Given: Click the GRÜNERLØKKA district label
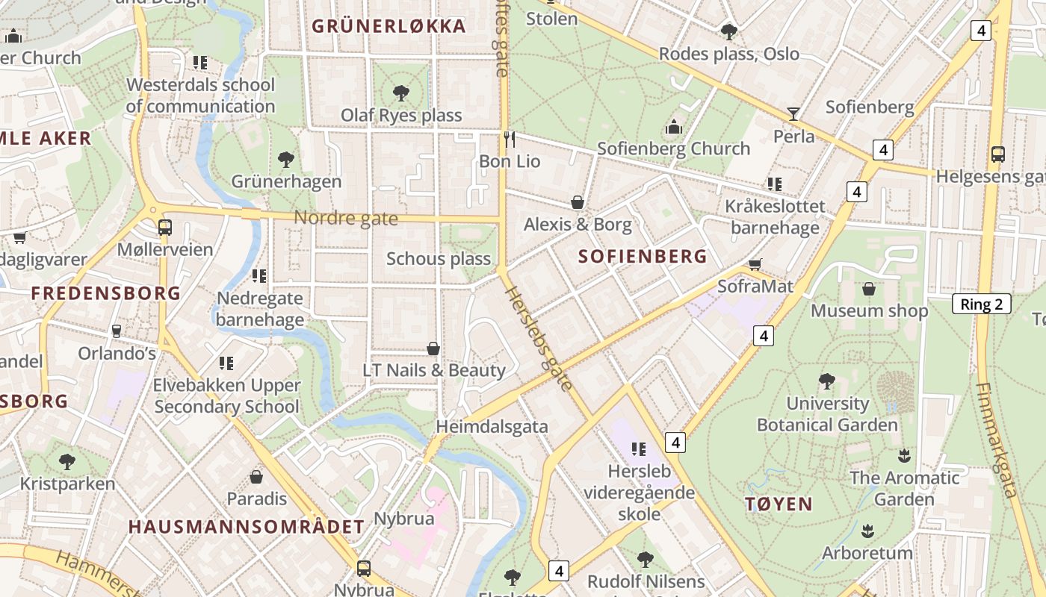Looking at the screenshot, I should (389, 27).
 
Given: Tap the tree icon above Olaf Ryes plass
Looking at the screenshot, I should (401, 93).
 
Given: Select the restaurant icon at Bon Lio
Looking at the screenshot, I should (510, 139).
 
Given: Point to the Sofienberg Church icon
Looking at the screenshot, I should (674, 127).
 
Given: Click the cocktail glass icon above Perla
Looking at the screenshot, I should (793, 114).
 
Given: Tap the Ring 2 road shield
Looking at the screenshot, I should (981, 304).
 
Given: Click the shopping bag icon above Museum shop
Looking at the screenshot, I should (869, 289).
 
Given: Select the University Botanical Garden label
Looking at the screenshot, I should (827, 414).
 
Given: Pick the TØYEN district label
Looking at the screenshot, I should (779, 504).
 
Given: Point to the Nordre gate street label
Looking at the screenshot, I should (346, 218).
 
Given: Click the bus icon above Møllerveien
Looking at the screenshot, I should (165, 227).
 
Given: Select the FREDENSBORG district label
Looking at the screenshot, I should (106, 293).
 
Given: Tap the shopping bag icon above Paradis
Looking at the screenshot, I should (256, 476).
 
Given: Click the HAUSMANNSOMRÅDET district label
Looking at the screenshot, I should (247, 527).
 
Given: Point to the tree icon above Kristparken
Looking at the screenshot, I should (67, 461).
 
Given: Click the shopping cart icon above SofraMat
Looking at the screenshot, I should (755, 264).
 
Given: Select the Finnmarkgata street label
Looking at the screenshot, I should (997, 440).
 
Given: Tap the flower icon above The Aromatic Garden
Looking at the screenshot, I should (904, 455).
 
